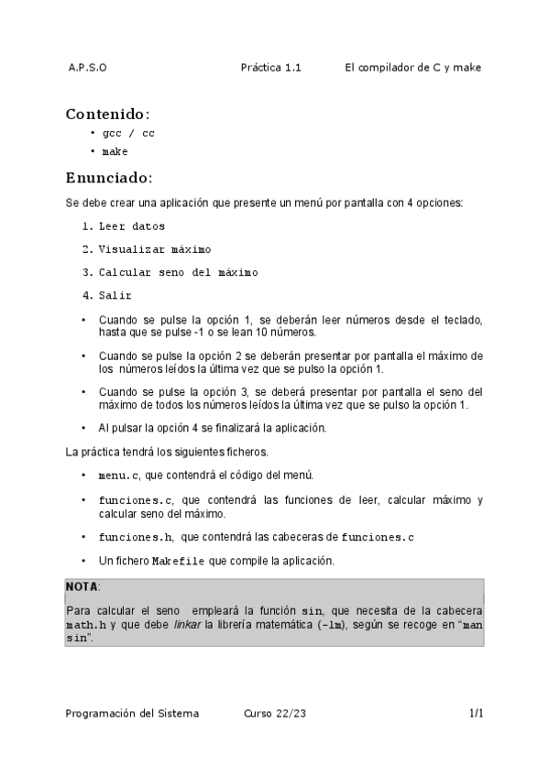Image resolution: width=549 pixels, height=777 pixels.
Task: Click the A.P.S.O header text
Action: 87,68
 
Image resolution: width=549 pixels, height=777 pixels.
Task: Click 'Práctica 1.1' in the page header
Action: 270,68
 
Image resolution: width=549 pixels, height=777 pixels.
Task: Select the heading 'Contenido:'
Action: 107,115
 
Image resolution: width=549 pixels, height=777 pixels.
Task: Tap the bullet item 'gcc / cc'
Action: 128,134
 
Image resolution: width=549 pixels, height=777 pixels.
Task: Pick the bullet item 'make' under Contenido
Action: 115,152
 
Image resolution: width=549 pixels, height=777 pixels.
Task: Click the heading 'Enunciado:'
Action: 109,178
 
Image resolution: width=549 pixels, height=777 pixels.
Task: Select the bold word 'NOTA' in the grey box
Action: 81,586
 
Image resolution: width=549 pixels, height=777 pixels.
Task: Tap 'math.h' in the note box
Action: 82,624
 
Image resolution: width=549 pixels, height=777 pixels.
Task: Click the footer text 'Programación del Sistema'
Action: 132,713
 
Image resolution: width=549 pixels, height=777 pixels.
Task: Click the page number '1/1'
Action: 476,713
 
